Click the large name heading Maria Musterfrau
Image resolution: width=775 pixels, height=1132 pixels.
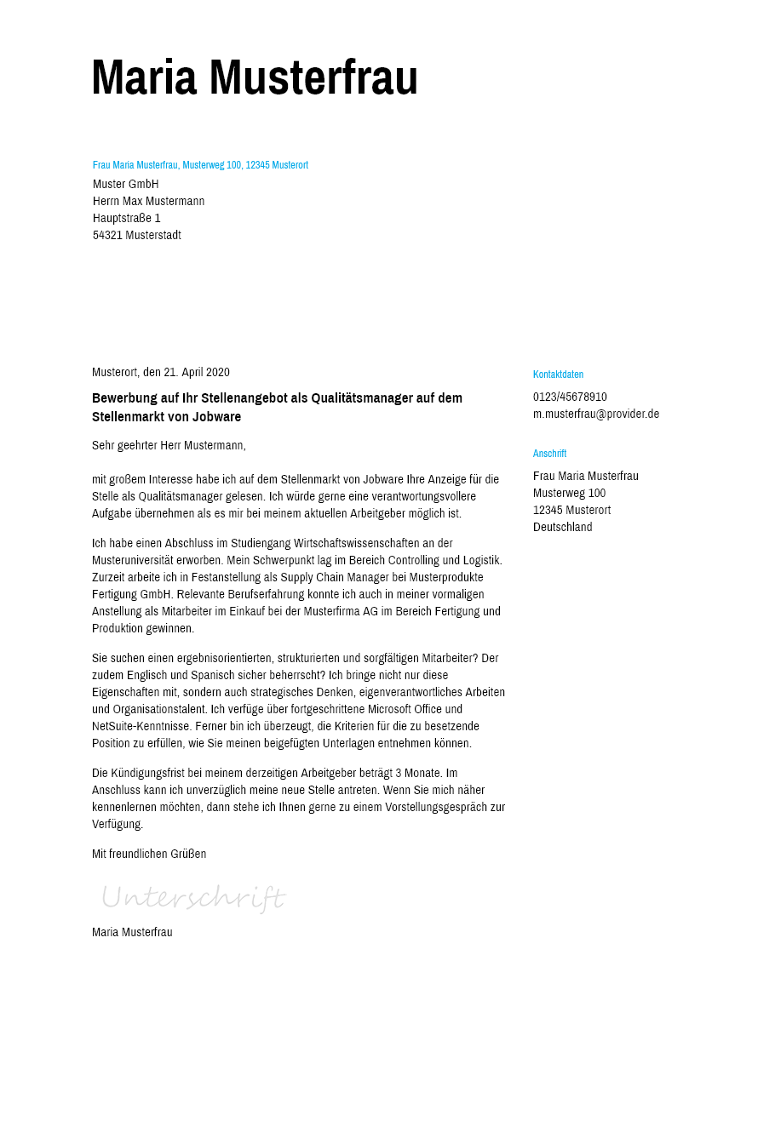(255, 77)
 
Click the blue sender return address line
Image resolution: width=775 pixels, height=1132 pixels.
(200, 165)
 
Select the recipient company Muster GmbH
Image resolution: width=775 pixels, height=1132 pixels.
(126, 185)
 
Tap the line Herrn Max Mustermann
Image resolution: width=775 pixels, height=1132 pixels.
(149, 202)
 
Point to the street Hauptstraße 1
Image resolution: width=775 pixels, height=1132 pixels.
(127, 219)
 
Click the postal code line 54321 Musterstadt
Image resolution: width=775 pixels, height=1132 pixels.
(137, 236)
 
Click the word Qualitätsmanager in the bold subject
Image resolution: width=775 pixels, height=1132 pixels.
(359, 398)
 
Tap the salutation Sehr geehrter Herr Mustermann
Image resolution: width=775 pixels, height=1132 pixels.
(169, 446)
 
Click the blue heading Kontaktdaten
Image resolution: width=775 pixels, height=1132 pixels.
(558, 374)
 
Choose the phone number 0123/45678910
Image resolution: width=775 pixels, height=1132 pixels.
(570, 397)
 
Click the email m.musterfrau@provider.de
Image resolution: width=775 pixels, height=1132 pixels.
(596, 414)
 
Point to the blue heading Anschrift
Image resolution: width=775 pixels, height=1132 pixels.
(549, 454)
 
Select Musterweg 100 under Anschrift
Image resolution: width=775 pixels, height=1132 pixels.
(569, 494)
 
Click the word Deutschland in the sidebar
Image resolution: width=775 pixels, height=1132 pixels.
(562, 528)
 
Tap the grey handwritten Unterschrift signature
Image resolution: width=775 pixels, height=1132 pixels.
(192, 898)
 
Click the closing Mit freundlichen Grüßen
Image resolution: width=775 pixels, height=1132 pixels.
(149, 855)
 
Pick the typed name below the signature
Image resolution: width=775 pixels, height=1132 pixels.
(132, 933)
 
